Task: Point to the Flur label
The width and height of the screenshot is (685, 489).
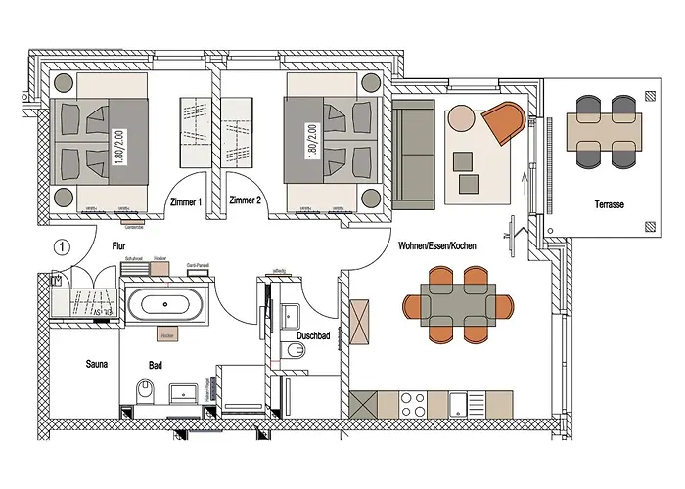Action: tap(118, 248)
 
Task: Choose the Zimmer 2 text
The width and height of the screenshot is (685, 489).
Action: tap(245, 201)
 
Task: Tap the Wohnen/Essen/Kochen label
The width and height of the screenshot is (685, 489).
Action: tap(437, 245)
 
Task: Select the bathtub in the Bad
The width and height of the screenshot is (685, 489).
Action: tap(168, 304)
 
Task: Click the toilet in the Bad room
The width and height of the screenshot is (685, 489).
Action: tap(145, 393)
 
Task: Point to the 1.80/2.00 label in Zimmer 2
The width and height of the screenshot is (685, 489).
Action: tap(312, 141)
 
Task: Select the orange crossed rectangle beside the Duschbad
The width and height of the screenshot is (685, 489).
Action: tap(362, 322)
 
